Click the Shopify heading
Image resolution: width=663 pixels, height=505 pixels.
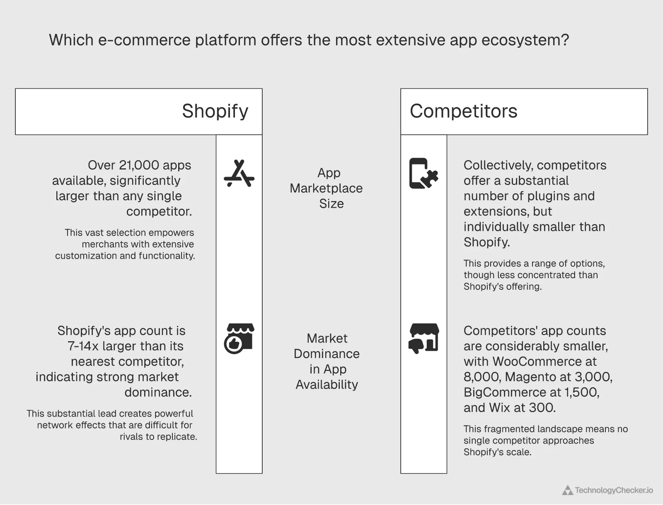[215, 111]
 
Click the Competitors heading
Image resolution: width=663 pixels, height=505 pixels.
[463, 111]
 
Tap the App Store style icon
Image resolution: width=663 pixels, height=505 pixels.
[239, 173]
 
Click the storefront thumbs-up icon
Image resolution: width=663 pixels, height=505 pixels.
[239, 338]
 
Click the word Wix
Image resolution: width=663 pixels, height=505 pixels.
[499, 408]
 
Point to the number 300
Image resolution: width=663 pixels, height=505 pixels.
[542, 408]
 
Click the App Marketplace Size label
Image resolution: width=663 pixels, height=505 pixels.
[327, 188]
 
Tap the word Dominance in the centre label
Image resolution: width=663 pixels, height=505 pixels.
[327, 354]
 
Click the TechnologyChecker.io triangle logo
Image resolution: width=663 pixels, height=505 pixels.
[567, 490]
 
